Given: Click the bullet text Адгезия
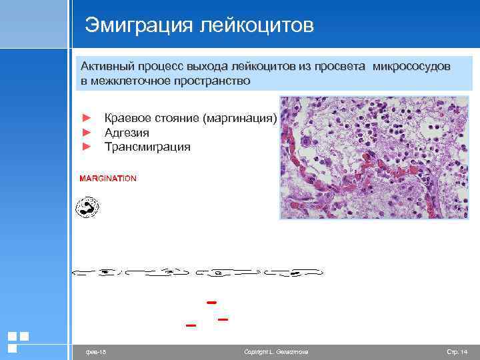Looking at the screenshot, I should click(x=127, y=133).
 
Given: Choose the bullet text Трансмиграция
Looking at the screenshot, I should click(x=147, y=147).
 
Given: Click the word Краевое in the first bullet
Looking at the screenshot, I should click(x=127, y=119).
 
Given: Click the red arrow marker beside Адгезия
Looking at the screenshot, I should click(x=85, y=133).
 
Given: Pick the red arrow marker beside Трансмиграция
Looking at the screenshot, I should click(x=85, y=147).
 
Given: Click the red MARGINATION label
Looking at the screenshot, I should click(x=108, y=179).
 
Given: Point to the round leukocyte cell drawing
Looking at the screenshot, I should click(x=87, y=207).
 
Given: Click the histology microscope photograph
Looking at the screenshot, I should click(x=374, y=157).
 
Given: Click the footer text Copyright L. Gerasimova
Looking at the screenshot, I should click(x=276, y=351).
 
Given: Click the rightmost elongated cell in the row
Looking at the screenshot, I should click(x=293, y=272).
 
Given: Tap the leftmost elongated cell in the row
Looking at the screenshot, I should click(x=95, y=272).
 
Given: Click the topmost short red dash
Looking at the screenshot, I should click(x=212, y=303).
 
